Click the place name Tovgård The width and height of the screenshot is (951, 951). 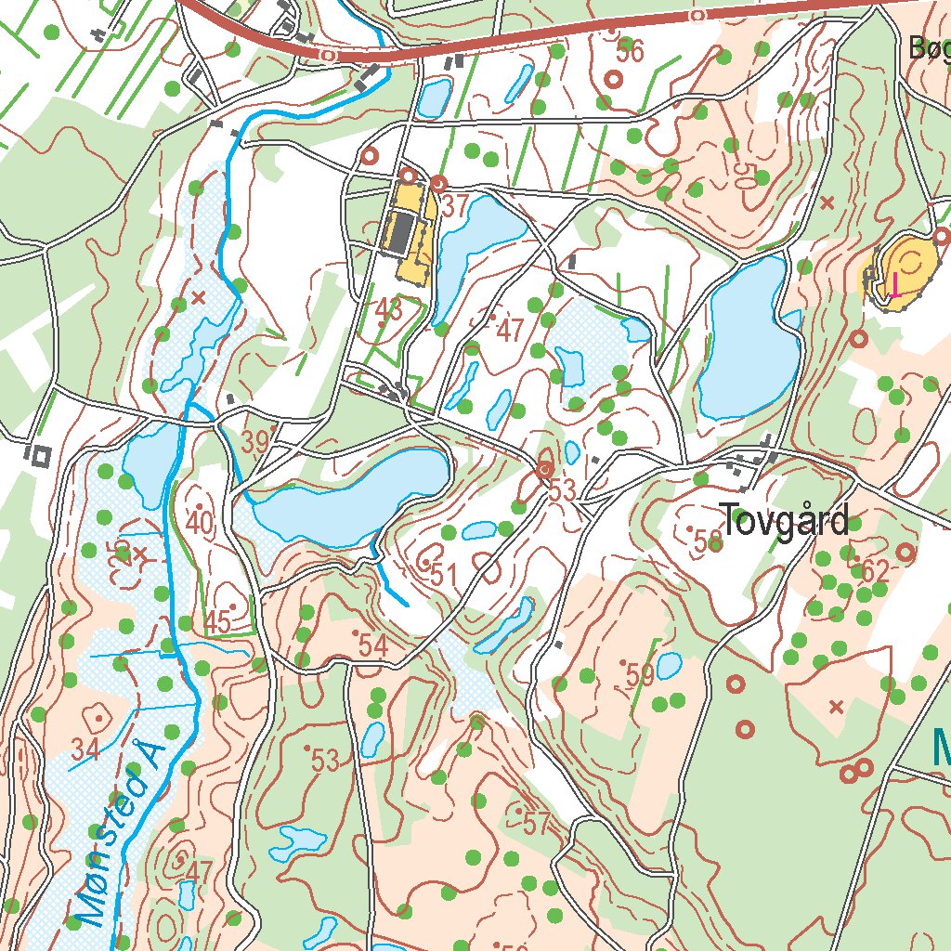pyautogui.click(x=785, y=522)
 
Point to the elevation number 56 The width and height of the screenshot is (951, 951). pyautogui.click(x=630, y=52)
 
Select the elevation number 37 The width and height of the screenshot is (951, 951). pyautogui.click(x=454, y=207)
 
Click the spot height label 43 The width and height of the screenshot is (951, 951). pyautogui.click(x=389, y=309)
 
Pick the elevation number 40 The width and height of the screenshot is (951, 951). pyautogui.click(x=200, y=523)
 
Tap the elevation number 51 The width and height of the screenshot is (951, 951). pyautogui.click(x=444, y=576)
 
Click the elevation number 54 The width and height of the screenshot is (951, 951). pyautogui.click(x=372, y=646)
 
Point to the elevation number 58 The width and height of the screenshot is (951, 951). pyautogui.click(x=708, y=541)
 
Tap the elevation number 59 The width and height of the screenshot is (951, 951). pyautogui.click(x=640, y=676)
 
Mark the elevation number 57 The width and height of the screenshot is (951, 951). pyautogui.click(x=537, y=823)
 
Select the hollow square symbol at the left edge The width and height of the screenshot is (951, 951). pyautogui.click(x=40, y=455)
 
